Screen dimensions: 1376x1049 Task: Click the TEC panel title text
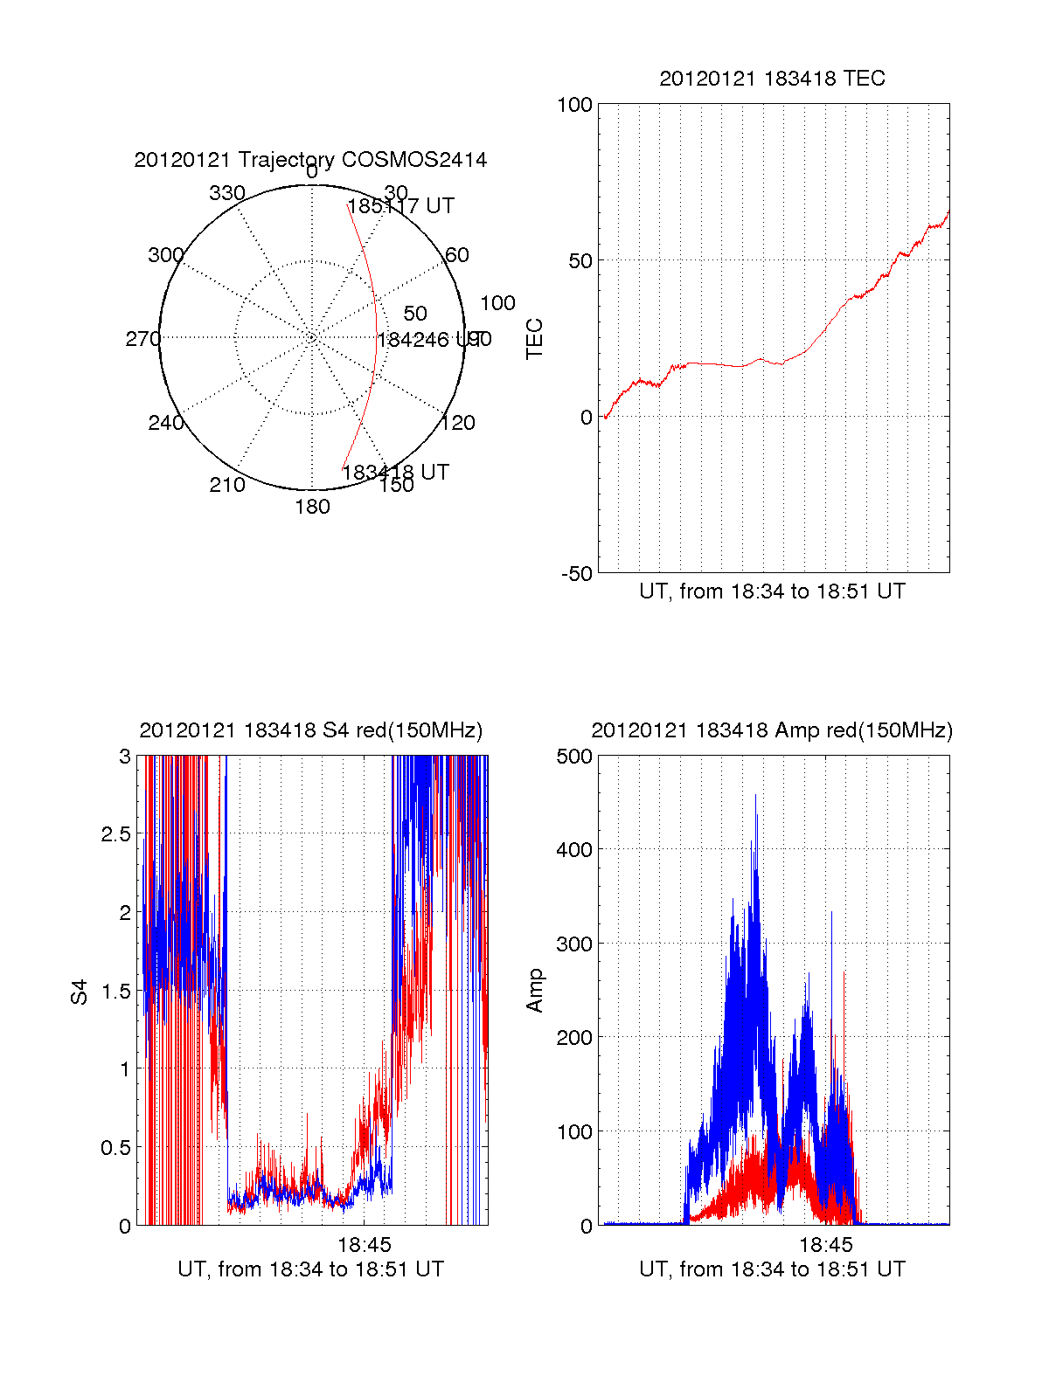coord(772,79)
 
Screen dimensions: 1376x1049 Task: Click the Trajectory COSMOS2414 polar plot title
coord(310,160)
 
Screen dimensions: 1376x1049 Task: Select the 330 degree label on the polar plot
coord(227,193)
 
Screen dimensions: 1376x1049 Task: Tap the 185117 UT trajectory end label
coord(401,206)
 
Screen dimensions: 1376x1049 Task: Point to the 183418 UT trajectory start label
coord(395,473)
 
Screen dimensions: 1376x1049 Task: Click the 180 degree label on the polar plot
coord(312,507)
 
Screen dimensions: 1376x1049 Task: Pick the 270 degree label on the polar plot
coord(142,339)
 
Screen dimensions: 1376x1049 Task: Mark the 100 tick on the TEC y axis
coord(574,105)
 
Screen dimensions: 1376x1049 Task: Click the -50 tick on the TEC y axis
coord(576,574)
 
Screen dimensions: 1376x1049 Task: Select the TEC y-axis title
coord(534,339)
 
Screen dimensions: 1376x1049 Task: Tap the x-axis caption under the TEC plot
coord(772,591)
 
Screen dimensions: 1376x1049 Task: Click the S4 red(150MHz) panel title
coord(310,730)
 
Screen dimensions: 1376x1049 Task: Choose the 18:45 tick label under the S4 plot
coord(365,1244)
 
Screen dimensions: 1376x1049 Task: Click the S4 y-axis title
coord(80,992)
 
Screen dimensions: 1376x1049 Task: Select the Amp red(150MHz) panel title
coord(772,730)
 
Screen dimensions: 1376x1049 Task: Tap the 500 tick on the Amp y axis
coord(574,757)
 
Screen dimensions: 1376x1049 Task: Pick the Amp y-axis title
coord(534,991)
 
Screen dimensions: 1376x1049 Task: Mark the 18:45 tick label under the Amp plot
coord(825,1244)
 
